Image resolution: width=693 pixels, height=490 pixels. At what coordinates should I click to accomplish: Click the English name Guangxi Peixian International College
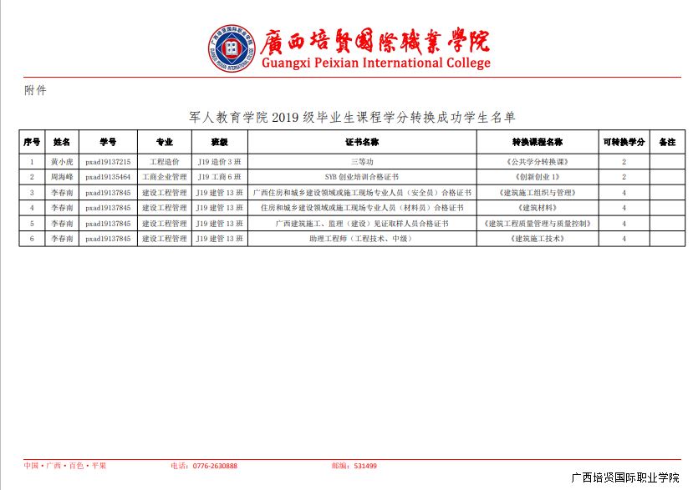[375, 63]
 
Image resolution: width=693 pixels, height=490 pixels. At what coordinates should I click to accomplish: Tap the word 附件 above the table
[35, 90]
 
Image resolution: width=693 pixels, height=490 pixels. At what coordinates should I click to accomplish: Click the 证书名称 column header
[362, 142]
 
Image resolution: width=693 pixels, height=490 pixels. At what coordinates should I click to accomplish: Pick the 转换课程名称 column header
[537, 142]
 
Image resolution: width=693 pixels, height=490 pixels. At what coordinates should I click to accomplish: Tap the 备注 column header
[666, 142]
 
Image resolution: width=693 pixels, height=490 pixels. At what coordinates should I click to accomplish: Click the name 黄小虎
[62, 161]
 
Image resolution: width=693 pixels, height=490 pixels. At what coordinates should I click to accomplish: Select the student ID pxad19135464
[108, 177]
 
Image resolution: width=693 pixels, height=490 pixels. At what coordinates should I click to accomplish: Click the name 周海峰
[62, 177]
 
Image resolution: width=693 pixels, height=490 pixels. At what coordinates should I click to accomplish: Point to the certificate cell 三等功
[362, 161]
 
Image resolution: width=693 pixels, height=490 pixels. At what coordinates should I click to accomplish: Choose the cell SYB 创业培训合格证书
[362, 177]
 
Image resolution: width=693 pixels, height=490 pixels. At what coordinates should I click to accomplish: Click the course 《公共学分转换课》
[537, 161]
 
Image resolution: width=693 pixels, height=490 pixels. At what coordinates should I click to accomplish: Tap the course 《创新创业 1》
[537, 177]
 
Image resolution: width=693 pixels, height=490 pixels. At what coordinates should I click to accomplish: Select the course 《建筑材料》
[537, 208]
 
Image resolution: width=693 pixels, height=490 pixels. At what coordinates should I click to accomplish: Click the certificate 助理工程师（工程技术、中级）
[362, 239]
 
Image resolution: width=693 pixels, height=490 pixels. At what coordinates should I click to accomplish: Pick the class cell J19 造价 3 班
[219, 161]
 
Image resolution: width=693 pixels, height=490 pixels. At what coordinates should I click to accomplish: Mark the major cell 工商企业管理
[164, 177]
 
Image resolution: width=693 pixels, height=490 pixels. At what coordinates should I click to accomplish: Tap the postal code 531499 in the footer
[365, 466]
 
